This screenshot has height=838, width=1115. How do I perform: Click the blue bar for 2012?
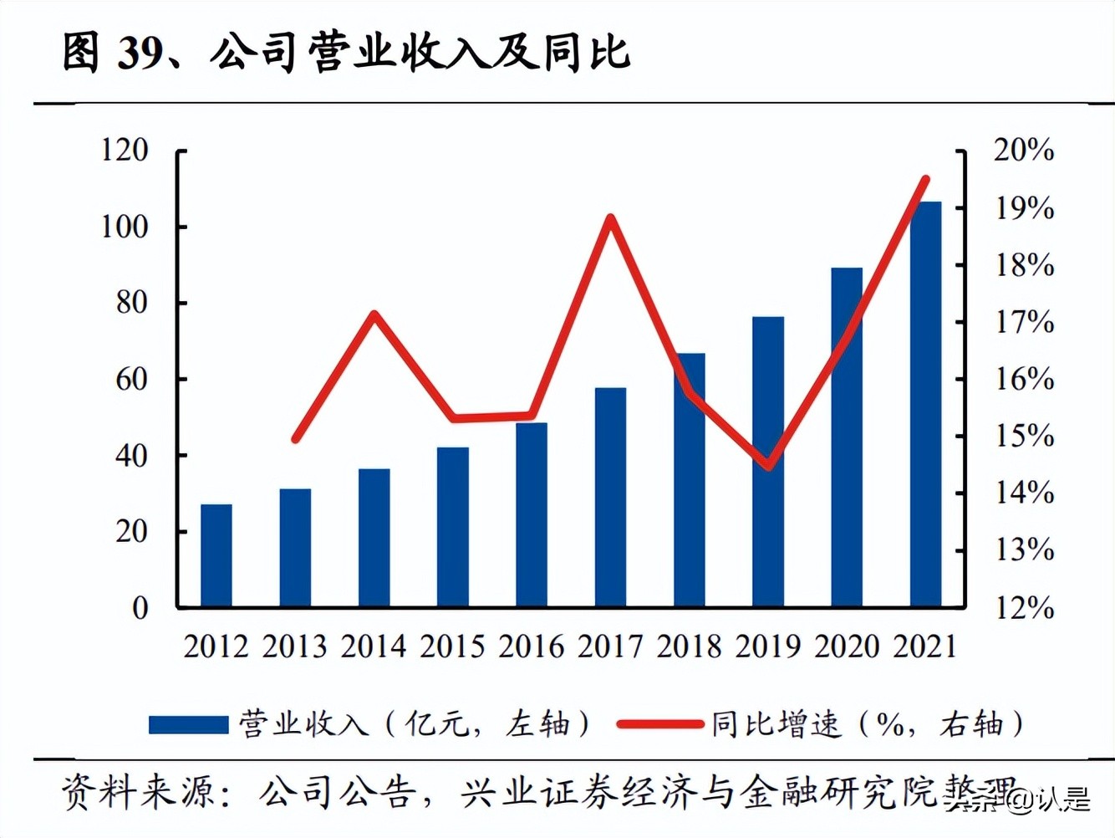point(216,555)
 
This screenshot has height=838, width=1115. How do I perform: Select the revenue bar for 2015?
point(453,527)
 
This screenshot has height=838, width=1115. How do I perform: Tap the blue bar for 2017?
point(610,497)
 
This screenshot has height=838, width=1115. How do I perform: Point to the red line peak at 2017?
point(611,219)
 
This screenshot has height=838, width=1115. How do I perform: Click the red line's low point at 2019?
point(768,466)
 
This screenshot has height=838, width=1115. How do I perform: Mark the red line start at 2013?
point(295,438)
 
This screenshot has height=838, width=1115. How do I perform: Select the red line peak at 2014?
point(374,314)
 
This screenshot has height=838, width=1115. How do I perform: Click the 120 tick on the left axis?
point(125,151)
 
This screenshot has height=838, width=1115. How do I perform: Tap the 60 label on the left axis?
point(132,380)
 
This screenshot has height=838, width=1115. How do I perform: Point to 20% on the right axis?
point(1023,151)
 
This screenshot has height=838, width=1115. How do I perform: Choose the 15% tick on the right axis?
point(1023,436)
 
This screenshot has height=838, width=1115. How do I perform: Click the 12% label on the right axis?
point(1023,608)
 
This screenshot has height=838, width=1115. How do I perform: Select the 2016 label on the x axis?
point(532,646)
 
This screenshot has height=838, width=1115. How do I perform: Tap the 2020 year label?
point(847,646)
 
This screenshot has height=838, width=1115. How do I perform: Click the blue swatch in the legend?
point(188,724)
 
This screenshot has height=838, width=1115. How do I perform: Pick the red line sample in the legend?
point(659,724)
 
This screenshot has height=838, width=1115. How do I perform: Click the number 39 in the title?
point(140,53)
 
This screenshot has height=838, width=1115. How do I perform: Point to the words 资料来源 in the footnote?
point(138,791)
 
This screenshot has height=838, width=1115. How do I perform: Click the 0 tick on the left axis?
point(140,608)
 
